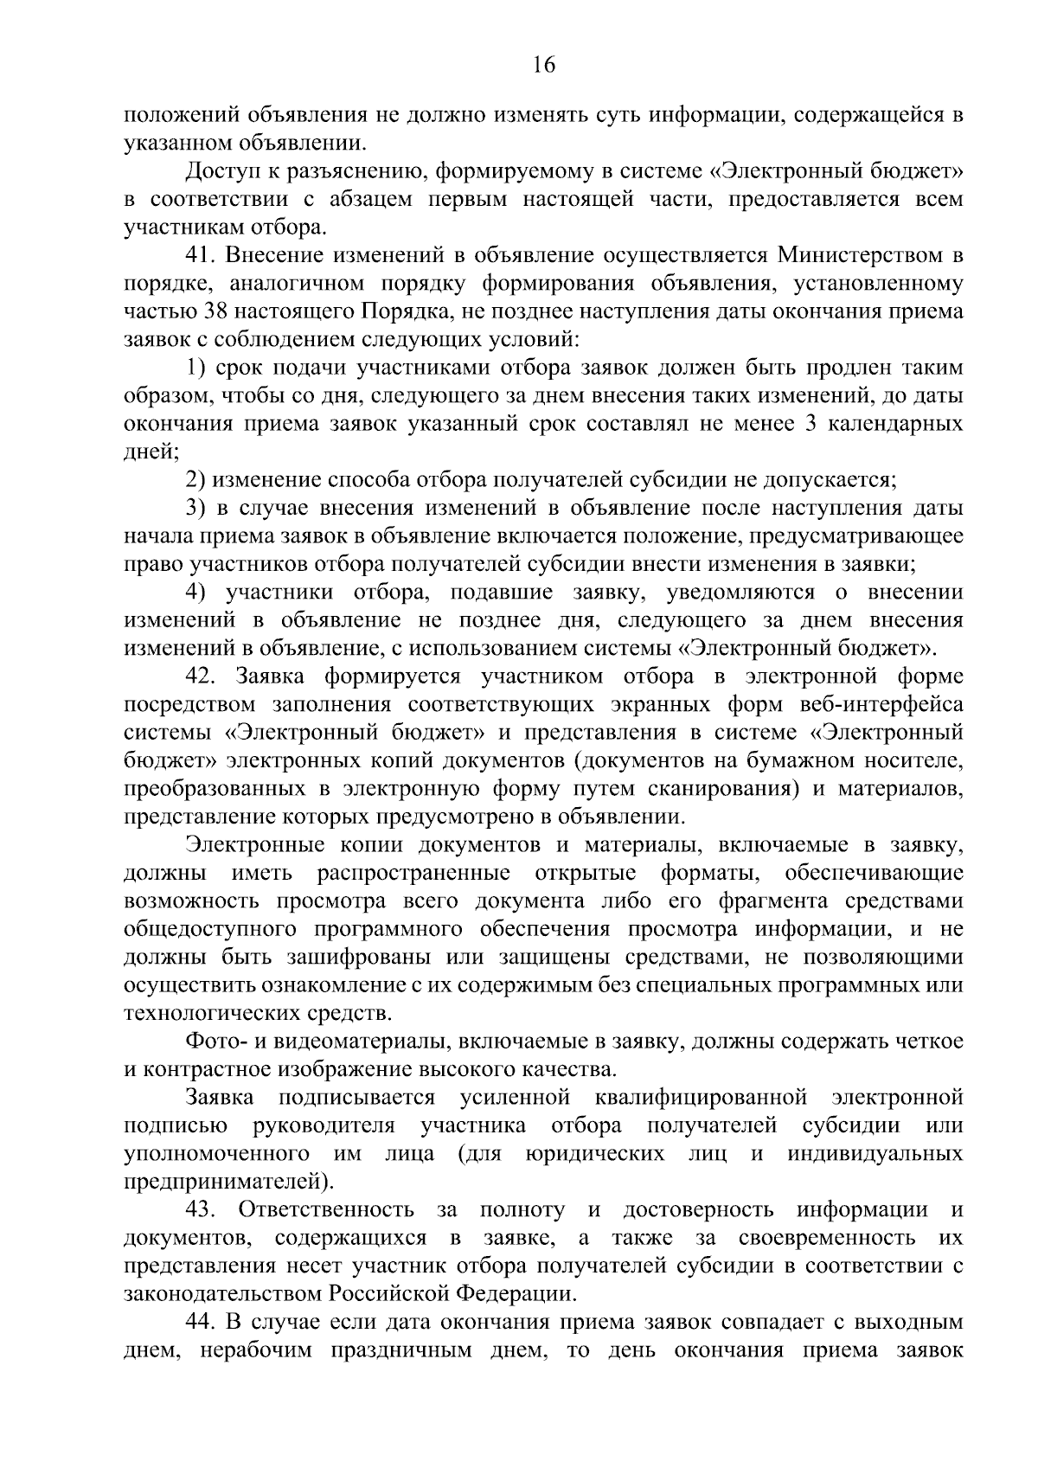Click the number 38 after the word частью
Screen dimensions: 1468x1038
pyautogui.click(x=215, y=311)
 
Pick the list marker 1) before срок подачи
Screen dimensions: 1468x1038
pyautogui.click(x=195, y=368)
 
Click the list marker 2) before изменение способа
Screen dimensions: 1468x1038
pyautogui.click(x=195, y=480)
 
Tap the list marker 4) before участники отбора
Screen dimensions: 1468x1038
pyautogui.click(x=195, y=593)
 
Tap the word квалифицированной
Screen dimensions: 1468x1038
pyautogui.click(x=702, y=1098)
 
